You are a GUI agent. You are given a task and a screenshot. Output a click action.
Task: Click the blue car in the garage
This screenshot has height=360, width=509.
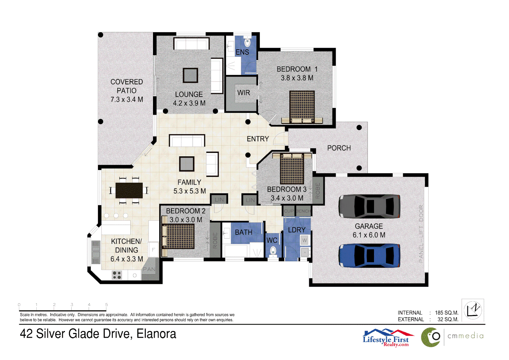click(369, 256)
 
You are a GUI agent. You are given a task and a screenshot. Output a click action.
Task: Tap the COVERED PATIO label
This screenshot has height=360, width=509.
click(127, 91)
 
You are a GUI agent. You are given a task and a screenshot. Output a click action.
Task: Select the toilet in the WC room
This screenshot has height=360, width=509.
click(273, 251)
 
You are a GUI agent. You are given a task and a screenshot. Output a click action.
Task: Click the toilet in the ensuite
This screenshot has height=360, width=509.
click(247, 42)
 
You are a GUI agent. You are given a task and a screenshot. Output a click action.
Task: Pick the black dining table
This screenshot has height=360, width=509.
click(129, 190)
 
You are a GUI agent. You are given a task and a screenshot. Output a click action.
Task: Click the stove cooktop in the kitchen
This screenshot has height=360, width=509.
click(117, 275)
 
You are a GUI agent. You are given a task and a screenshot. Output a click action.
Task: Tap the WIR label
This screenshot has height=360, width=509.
click(243, 93)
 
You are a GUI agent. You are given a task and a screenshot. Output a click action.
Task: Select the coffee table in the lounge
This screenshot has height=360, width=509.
click(190, 75)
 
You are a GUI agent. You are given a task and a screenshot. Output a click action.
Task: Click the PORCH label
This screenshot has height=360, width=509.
click(339, 148)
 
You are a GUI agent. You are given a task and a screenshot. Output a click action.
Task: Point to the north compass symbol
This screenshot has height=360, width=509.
click(473, 310)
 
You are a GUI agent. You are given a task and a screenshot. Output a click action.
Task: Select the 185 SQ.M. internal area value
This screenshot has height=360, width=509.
click(446, 313)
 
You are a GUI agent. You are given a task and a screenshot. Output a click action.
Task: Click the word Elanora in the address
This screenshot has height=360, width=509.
click(156, 334)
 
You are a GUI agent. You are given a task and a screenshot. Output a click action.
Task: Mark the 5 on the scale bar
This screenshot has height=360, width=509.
click(107, 305)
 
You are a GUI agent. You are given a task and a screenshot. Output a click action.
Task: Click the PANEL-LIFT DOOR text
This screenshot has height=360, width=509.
click(421, 234)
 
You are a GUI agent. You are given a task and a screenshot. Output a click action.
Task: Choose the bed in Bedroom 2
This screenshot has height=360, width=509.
click(178, 236)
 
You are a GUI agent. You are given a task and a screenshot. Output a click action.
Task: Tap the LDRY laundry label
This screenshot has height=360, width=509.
click(297, 230)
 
